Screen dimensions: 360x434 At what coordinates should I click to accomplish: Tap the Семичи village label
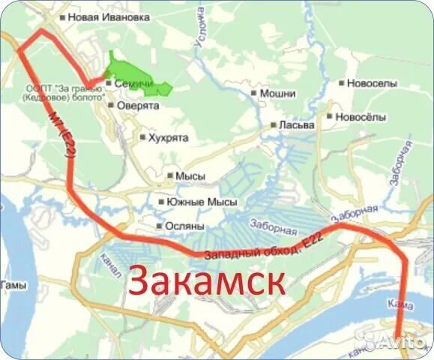[129, 84]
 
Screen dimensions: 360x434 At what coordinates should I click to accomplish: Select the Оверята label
[137, 106]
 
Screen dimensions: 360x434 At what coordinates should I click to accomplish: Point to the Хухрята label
[168, 137]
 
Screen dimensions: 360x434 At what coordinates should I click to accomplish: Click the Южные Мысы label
[202, 202]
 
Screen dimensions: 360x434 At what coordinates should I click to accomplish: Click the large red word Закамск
[207, 281]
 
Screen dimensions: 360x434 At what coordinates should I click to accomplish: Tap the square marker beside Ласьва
[274, 125]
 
